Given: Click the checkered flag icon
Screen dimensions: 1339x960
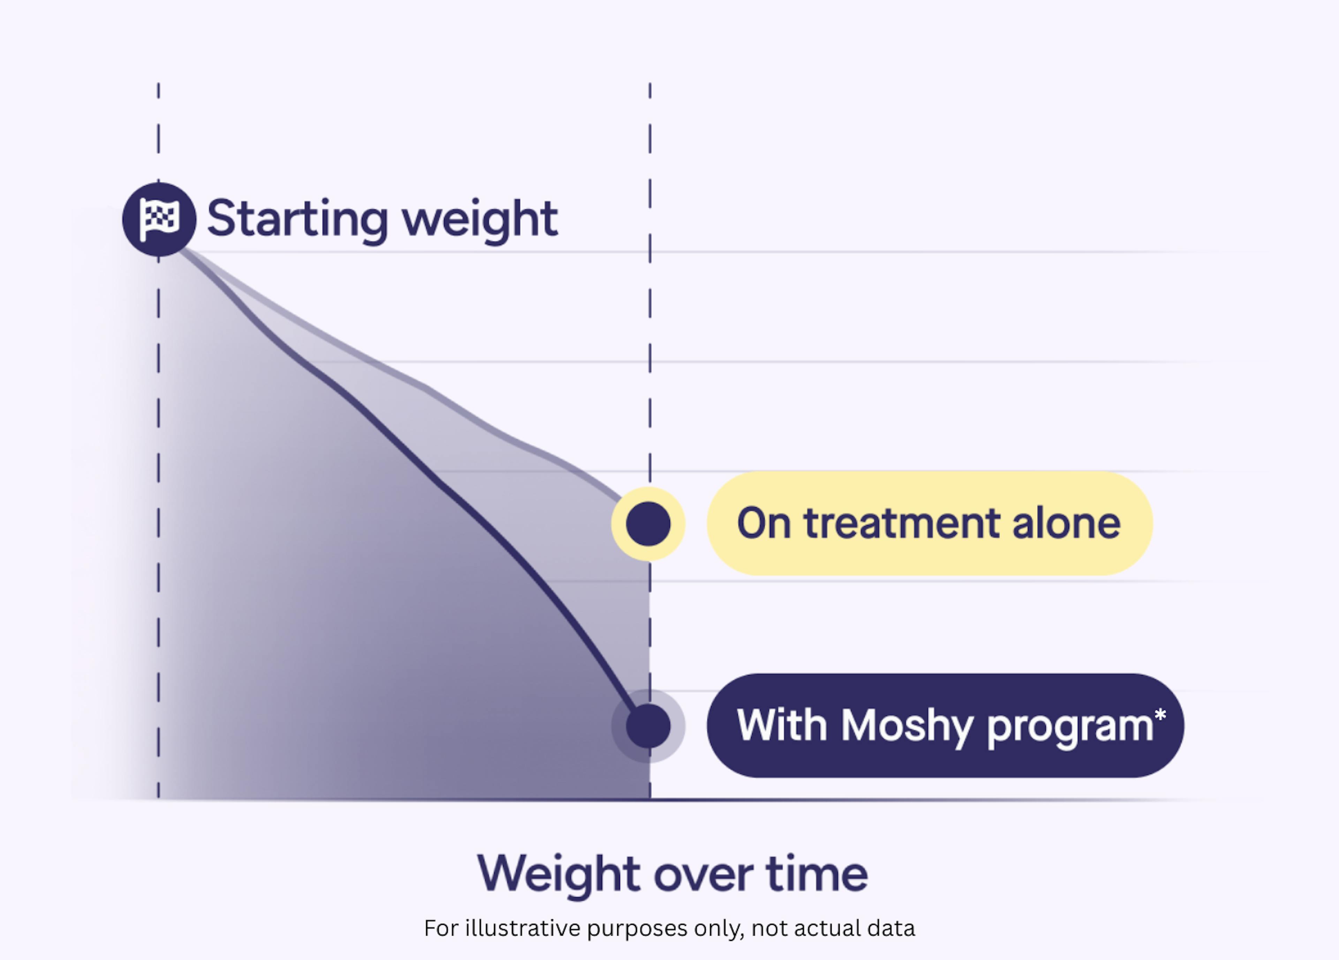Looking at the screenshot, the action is click(x=159, y=219).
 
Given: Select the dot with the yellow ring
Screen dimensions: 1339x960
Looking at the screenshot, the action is click(x=648, y=523).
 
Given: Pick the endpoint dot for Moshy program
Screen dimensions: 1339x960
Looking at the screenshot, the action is click(x=648, y=726).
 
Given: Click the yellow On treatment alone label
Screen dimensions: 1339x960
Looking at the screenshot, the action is click(x=930, y=523).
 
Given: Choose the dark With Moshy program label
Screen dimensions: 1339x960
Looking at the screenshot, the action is click(x=945, y=726).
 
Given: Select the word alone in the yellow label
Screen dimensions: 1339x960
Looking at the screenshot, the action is click(x=1067, y=523).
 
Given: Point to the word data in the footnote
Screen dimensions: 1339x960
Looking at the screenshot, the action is click(x=891, y=929).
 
